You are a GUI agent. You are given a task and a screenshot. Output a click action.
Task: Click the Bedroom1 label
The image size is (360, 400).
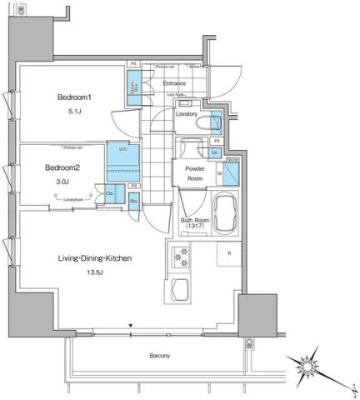[74, 97]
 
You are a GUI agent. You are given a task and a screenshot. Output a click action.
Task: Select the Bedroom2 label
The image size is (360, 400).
[62, 167]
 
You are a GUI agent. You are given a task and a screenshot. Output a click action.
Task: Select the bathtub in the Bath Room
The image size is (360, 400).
[224, 216]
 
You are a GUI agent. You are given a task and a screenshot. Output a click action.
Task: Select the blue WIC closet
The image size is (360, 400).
[117, 156]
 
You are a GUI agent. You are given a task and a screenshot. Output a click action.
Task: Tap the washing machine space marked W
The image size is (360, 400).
[229, 174]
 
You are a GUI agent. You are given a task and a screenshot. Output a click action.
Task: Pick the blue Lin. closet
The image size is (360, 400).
[214, 152]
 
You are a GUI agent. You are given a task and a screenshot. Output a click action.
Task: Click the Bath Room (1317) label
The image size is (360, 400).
[193, 224]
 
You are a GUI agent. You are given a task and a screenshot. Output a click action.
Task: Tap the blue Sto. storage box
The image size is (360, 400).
[133, 201]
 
